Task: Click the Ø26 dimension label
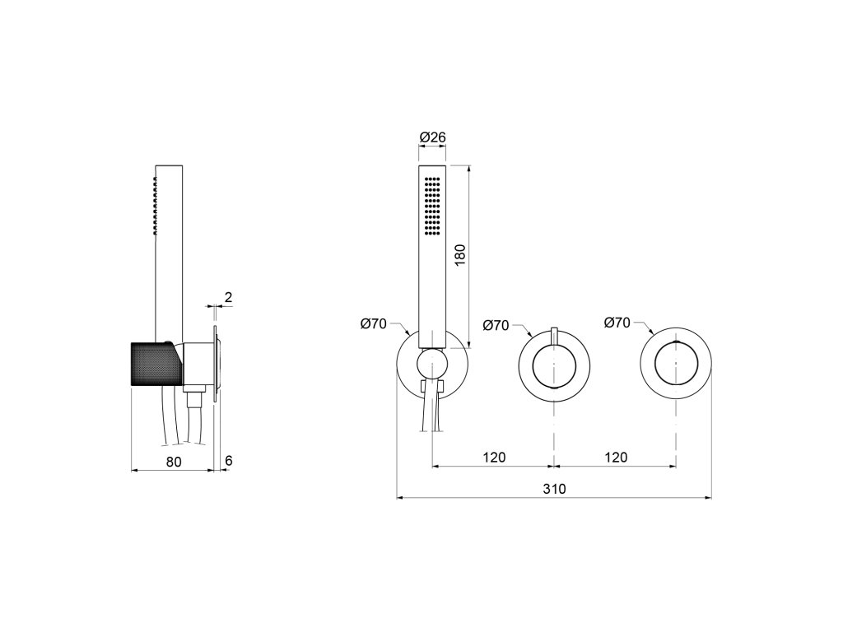(433, 137)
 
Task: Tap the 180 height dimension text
(459, 257)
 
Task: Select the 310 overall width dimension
(554, 489)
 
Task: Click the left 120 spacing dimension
(494, 458)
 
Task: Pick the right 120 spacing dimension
(616, 458)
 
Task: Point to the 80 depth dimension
(174, 462)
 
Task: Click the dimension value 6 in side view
(229, 461)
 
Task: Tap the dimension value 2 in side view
(229, 297)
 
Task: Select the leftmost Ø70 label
(374, 323)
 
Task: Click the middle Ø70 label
(496, 325)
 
